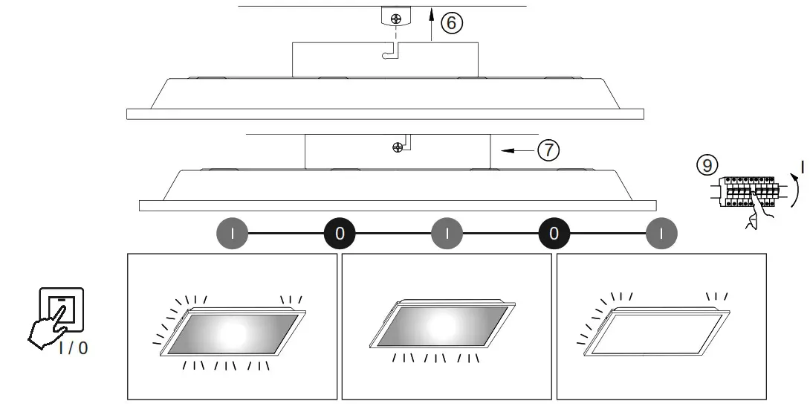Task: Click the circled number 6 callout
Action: (x=452, y=23)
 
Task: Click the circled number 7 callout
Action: (x=548, y=150)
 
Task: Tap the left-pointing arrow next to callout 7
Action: (x=514, y=150)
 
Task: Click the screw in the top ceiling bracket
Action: (x=397, y=17)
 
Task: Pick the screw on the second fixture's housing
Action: (x=398, y=147)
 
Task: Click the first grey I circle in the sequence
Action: (x=233, y=233)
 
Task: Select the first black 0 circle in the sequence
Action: (x=340, y=233)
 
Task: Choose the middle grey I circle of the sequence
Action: (x=447, y=233)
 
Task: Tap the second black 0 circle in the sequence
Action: (x=554, y=233)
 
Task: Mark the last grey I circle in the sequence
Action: (x=661, y=233)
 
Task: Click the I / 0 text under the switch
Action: (x=72, y=347)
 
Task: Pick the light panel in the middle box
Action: (x=443, y=323)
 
